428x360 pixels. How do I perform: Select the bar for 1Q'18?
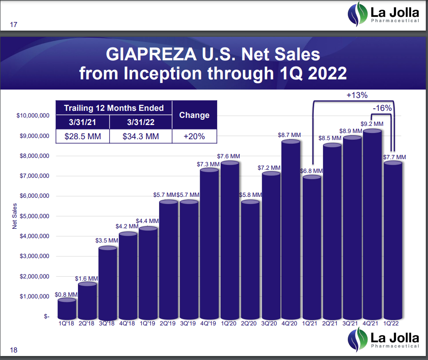67,309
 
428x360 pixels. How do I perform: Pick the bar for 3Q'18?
107,284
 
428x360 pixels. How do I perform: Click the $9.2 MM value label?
373,124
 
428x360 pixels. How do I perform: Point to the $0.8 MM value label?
66,294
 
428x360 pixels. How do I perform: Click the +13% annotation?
357,95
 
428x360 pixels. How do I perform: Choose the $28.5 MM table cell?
82,137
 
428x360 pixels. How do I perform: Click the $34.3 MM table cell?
140,137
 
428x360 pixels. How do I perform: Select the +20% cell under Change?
194,137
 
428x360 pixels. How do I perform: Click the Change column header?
194,115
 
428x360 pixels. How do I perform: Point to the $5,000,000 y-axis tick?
33,216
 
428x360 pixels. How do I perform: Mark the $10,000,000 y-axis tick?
31,116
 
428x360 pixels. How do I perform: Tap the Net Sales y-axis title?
15,216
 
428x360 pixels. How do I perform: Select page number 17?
13,25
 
